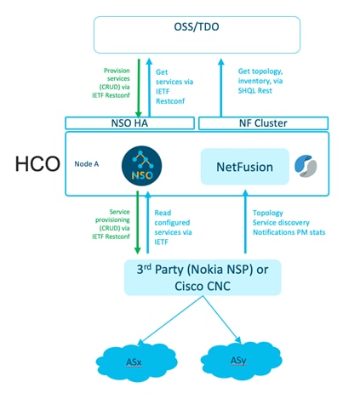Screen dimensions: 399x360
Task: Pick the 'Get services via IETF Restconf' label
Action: click(x=169, y=85)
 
